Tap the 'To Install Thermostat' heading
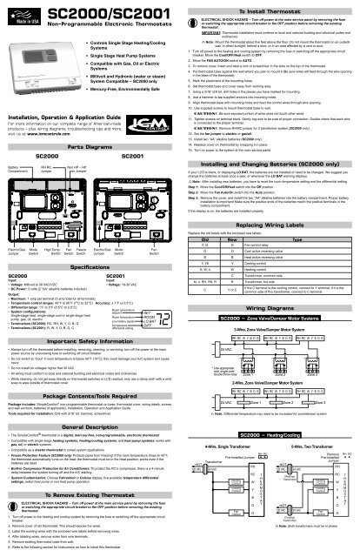[x=270, y=6]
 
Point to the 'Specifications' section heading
[x=90, y=205]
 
